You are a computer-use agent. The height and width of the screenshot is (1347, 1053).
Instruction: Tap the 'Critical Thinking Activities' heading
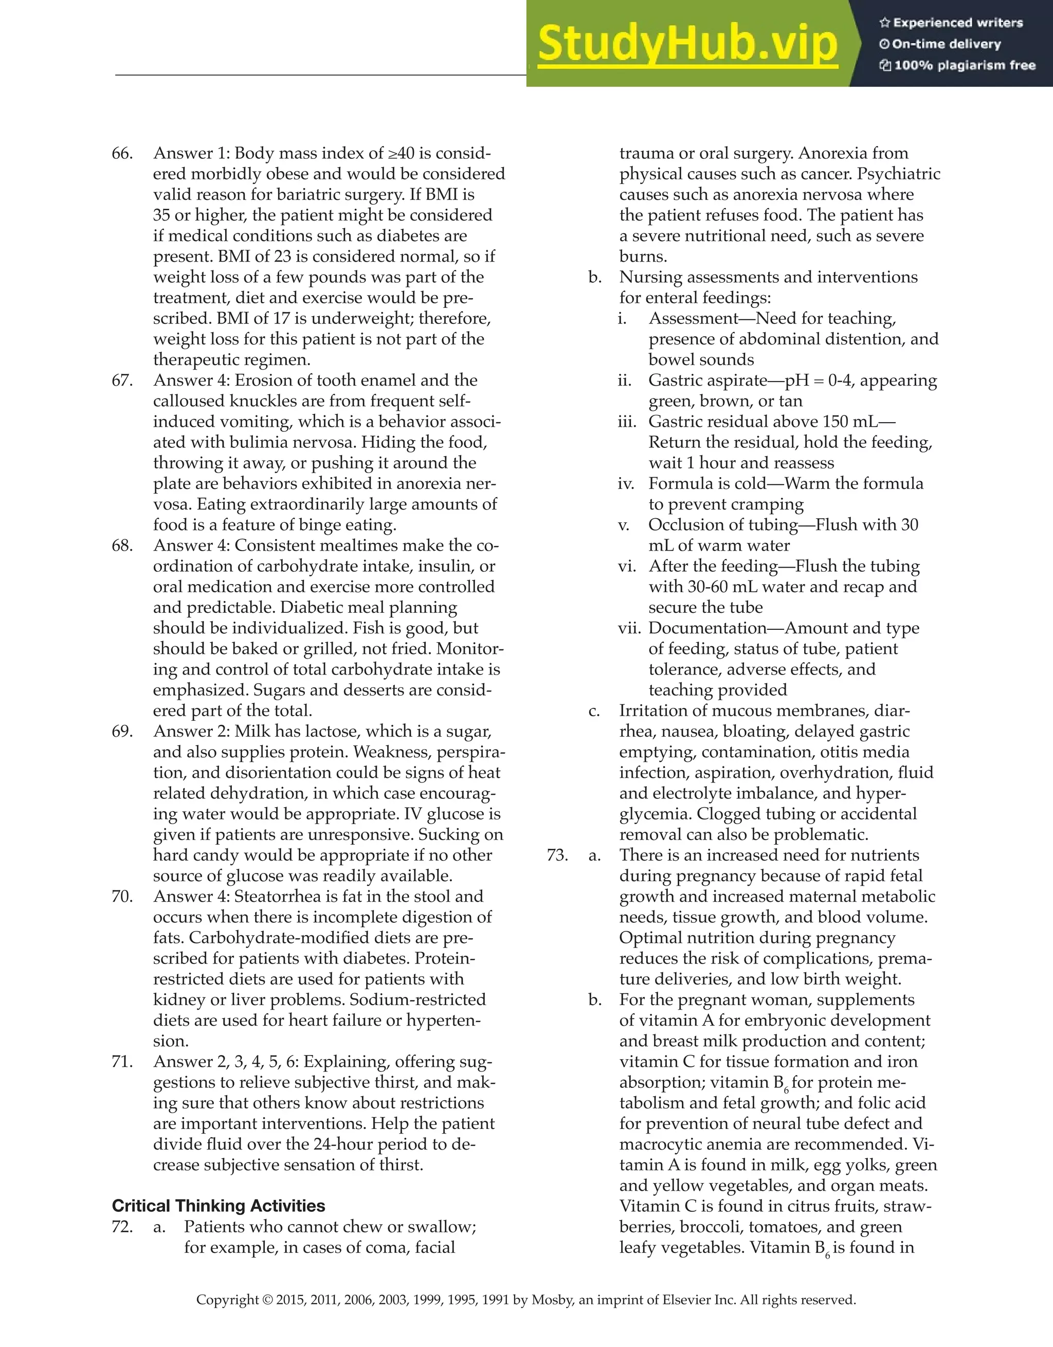pos(219,1206)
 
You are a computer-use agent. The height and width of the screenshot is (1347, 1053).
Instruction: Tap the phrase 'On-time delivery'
pos(946,44)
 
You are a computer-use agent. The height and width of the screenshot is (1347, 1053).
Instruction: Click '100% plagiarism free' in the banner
pos(964,65)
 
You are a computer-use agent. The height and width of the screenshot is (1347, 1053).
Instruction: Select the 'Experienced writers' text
pos(957,23)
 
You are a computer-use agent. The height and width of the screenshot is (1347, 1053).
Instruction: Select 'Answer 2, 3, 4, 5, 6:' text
pos(225,1062)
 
